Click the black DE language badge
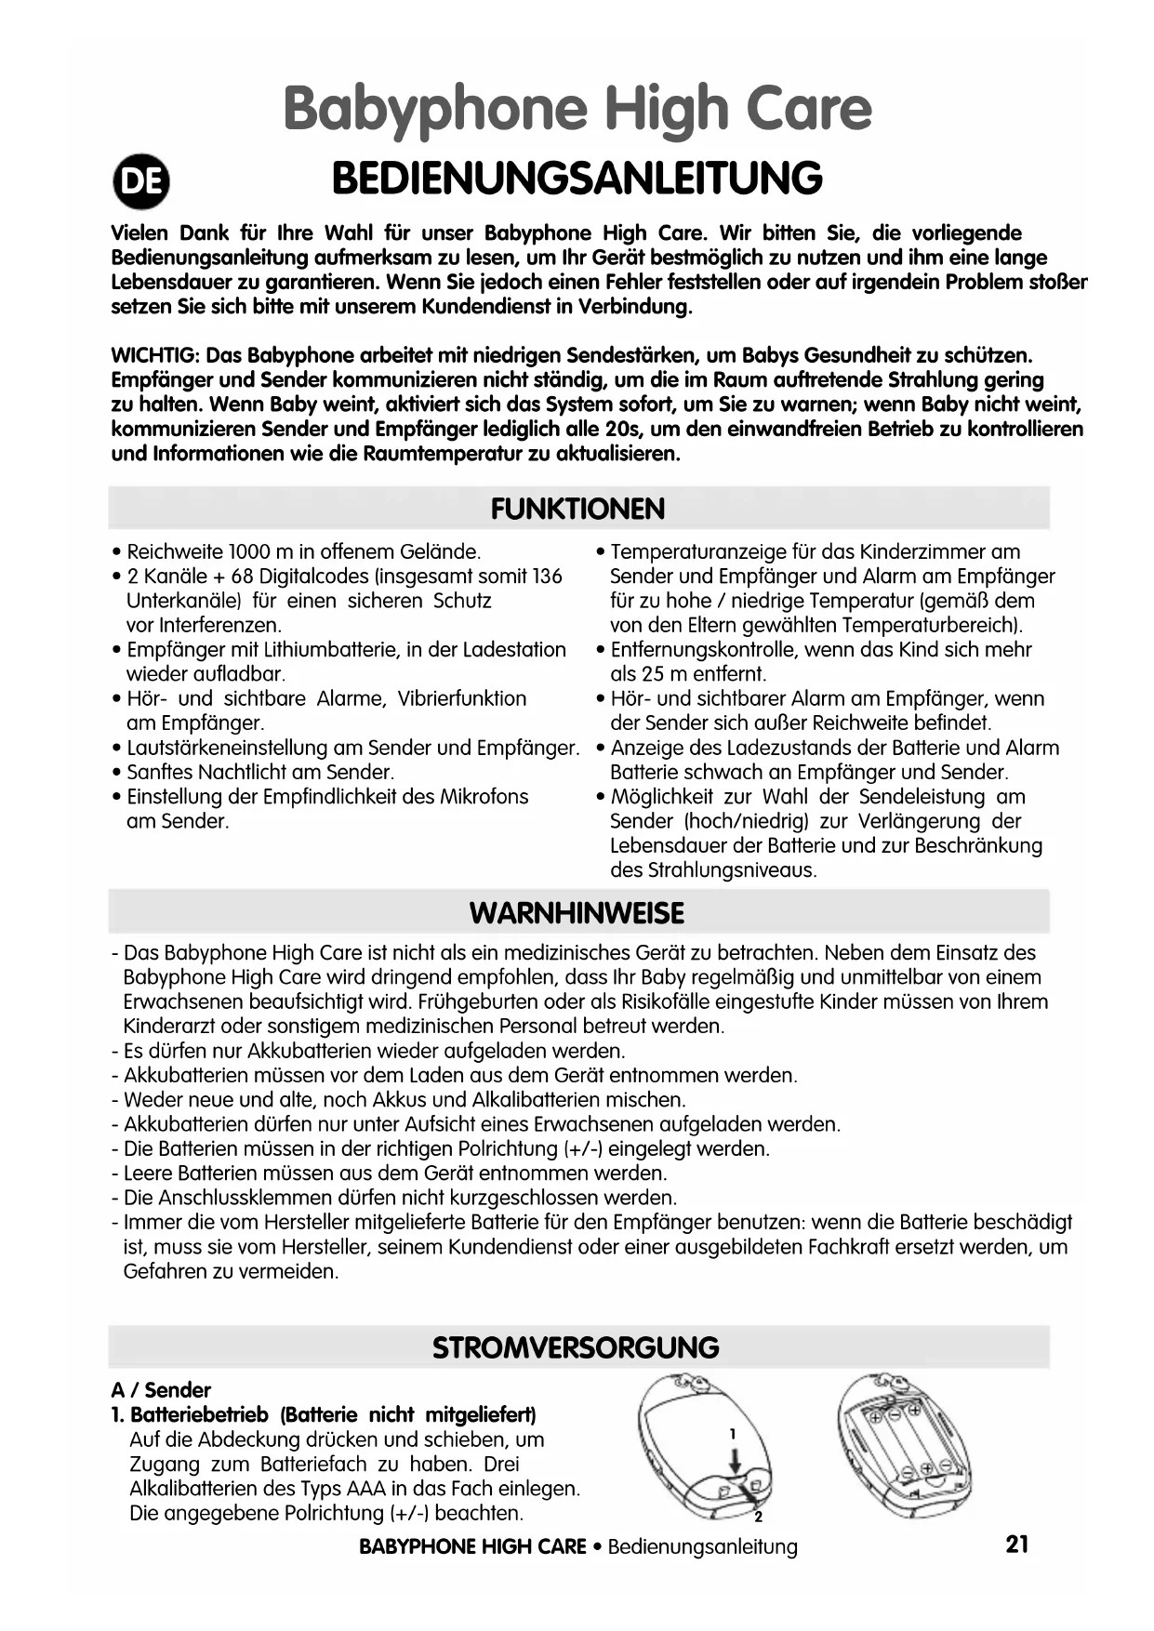[141, 182]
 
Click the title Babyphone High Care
[577, 109]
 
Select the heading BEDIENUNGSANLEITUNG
[577, 179]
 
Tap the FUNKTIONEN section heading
[577, 509]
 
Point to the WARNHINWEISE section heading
[577, 913]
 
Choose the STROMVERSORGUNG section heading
[577, 1347]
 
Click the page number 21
[1017, 1545]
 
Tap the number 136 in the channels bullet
[546, 577]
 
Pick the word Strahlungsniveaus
[712, 870]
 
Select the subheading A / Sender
[161, 1390]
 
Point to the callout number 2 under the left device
[758, 1518]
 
